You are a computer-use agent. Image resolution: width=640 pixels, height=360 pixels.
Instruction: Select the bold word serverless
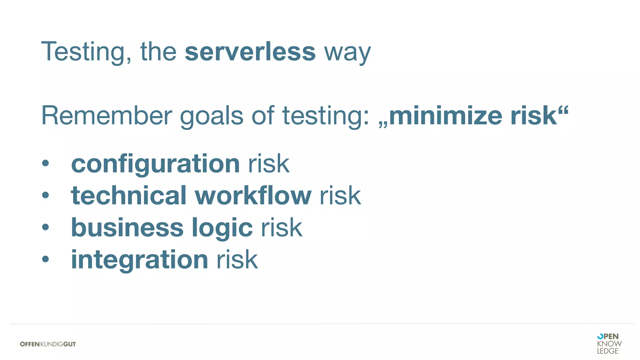[x=250, y=52]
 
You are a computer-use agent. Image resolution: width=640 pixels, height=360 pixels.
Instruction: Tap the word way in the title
[x=347, y=53]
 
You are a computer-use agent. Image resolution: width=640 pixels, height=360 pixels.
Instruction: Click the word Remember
[x=107, y=116]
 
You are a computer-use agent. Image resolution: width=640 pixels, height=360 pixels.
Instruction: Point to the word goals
[x=212, y=116]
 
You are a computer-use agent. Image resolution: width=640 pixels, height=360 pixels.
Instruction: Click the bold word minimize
[x=446, y=116]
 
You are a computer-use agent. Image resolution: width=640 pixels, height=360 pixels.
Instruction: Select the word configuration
[x=155, y=164]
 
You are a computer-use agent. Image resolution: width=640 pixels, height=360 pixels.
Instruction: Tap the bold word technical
[x=129, y=196]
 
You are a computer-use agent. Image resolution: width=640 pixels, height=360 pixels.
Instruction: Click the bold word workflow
[x=253, y=196]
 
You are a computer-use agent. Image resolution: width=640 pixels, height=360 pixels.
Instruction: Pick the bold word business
[x=127, y=227]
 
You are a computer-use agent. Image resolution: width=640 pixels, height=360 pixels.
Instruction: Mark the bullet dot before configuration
[x=46, y=163]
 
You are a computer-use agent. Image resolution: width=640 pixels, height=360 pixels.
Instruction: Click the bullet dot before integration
[x=46, y=259]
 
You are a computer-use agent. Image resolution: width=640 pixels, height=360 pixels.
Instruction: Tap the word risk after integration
[x=237, y=259]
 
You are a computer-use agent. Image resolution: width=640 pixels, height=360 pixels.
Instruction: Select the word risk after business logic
[x=282, y=227]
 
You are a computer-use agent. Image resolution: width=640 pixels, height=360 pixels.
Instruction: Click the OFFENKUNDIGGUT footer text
[x=48, y=344]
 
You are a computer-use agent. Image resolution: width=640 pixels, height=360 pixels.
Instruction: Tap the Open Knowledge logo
[x=609, y=343]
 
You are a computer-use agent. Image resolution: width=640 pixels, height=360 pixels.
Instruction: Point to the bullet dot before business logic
[x=46, y=227]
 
